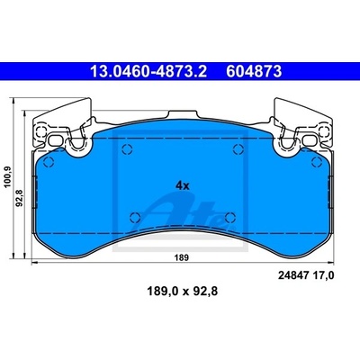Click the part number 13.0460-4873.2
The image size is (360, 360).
click(x=148, y=72)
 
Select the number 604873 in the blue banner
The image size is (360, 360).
click(x=254, y=72)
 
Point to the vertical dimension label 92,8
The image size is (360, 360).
click(x=21, y=199)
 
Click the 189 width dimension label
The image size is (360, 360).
click(x=182, y=257)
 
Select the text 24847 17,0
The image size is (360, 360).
click(x=306, y=275)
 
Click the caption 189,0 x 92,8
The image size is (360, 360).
click(x=182, y=291)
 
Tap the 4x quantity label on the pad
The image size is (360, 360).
click(x=183, y=186)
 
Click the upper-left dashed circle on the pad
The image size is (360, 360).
click(x=127, y=148)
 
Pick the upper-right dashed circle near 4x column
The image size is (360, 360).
click(x=238, y=148)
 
